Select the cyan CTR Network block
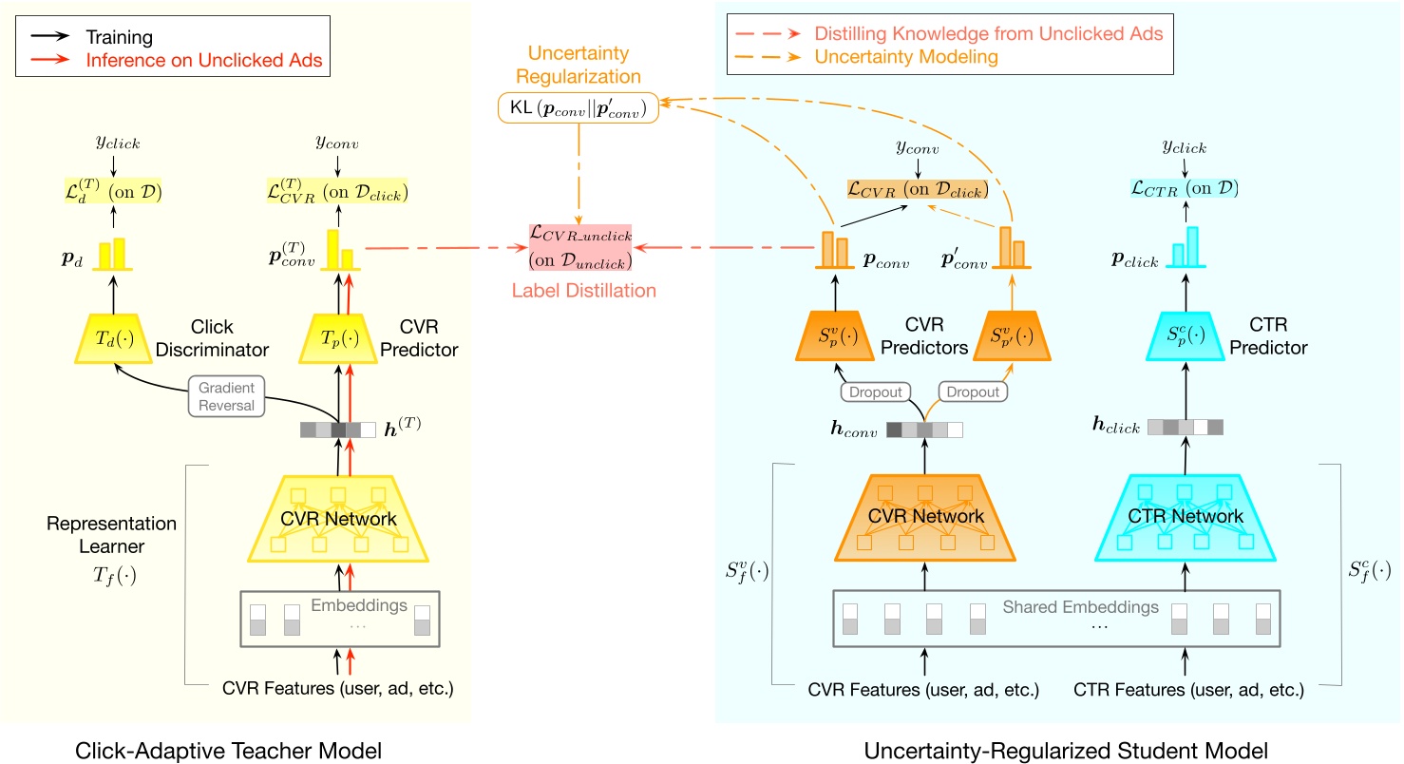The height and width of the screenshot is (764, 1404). point(1186,516)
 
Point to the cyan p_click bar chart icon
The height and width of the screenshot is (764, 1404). point(1185,249)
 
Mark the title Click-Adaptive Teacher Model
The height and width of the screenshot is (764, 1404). point(228,752)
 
